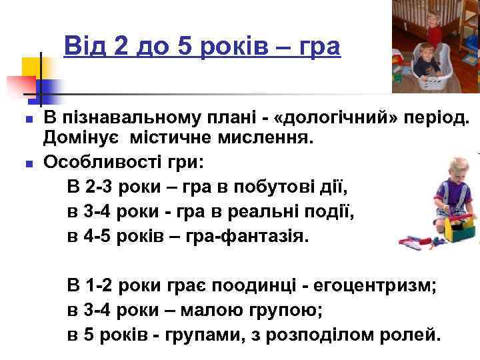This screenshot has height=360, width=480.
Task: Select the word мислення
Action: [x=257, y=139]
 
